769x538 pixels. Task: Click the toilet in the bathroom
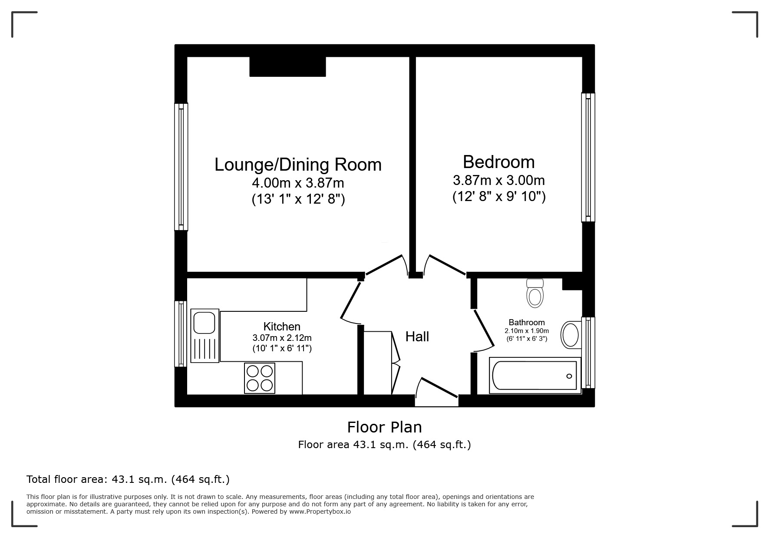[x=535, y=294]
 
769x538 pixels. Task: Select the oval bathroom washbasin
[x=570, y=335]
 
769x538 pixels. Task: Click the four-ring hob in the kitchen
[x=260, y=378]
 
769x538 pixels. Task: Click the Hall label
[x=417, y=337]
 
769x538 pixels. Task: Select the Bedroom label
[x=498, y=162]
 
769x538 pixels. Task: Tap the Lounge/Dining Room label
[x=298, y=165]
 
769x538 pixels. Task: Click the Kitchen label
[x=282, y=327]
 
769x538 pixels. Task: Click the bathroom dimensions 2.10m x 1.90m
[x=527, y=331]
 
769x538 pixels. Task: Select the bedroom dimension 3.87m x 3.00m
[x=498, y=180]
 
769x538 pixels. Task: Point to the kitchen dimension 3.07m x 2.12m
[x=282, y=338]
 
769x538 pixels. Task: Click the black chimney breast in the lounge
[x=287, y=67]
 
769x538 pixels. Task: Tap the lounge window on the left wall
[x=181, y=166]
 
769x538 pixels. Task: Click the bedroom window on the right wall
[x=588, y=157]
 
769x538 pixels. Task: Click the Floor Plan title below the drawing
[x=384, y=427]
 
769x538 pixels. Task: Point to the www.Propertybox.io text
[x=320, y=512]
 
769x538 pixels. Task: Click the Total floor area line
[x=128, y=479]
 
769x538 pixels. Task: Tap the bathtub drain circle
[x=569, y=376]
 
